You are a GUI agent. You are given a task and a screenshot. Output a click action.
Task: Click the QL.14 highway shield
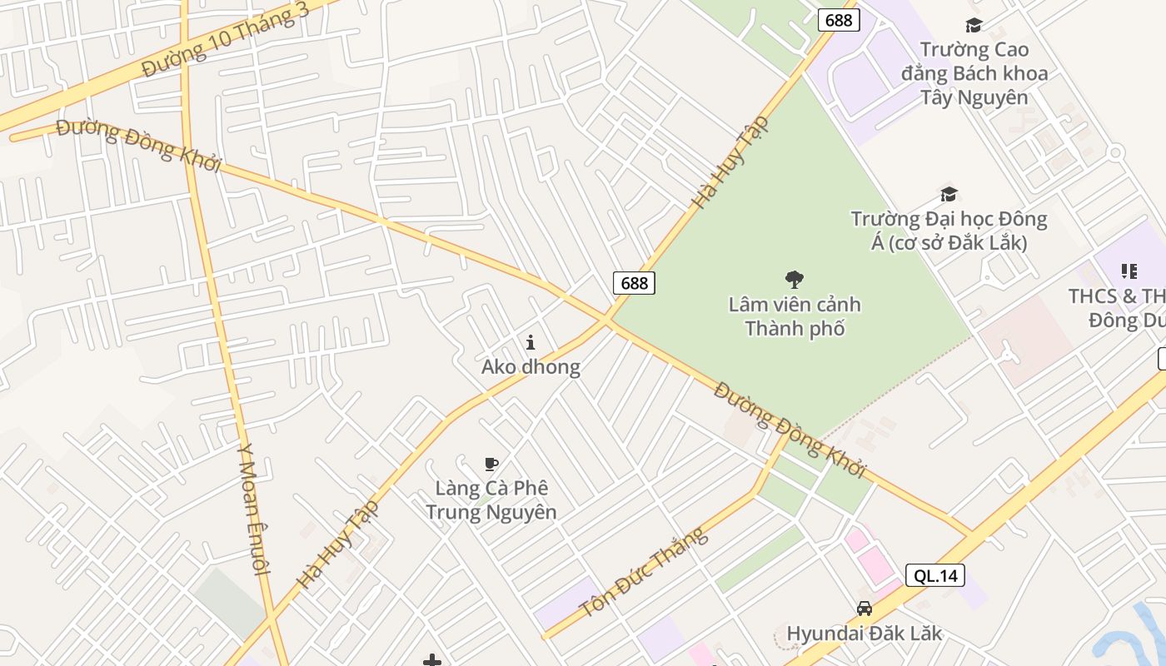click(x=935, y=575)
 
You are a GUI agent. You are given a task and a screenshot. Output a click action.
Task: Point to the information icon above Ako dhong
click(x=531, y=342)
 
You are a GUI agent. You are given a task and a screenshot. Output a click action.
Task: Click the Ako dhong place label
click(x=531, y=367)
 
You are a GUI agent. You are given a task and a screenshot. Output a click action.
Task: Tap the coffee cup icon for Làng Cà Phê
click(x=491, y=464)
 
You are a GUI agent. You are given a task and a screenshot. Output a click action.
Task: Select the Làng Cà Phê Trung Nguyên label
click(x=491, y=499)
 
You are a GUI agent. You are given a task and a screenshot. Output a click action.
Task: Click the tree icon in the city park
click(x=795, y=280)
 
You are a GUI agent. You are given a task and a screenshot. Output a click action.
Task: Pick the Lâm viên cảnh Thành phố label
click(x=795, y=316)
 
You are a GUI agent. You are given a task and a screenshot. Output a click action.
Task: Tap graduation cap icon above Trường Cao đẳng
click(x=974, y=26)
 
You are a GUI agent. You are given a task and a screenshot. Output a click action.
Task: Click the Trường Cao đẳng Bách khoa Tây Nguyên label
click(x=974, y=73)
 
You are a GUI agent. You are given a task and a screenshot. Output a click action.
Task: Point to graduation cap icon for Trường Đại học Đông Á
click(x=949, y=195)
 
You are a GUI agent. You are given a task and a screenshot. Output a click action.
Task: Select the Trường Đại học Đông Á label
click(x=949, y=231)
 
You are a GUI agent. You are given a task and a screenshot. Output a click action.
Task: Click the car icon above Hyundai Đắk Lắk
click(x=865, y=609)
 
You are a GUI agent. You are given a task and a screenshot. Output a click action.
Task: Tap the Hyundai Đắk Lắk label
click(x=865, y=634)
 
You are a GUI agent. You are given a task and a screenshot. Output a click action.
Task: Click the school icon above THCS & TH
click(x=1129, y=271)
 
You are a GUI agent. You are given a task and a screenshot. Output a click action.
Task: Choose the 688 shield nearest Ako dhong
click(x=634, y=283)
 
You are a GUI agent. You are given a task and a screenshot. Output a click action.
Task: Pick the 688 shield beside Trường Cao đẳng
click(x=838, y=20)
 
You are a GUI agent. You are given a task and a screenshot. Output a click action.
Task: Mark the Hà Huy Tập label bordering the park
click(x=730, y=162)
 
